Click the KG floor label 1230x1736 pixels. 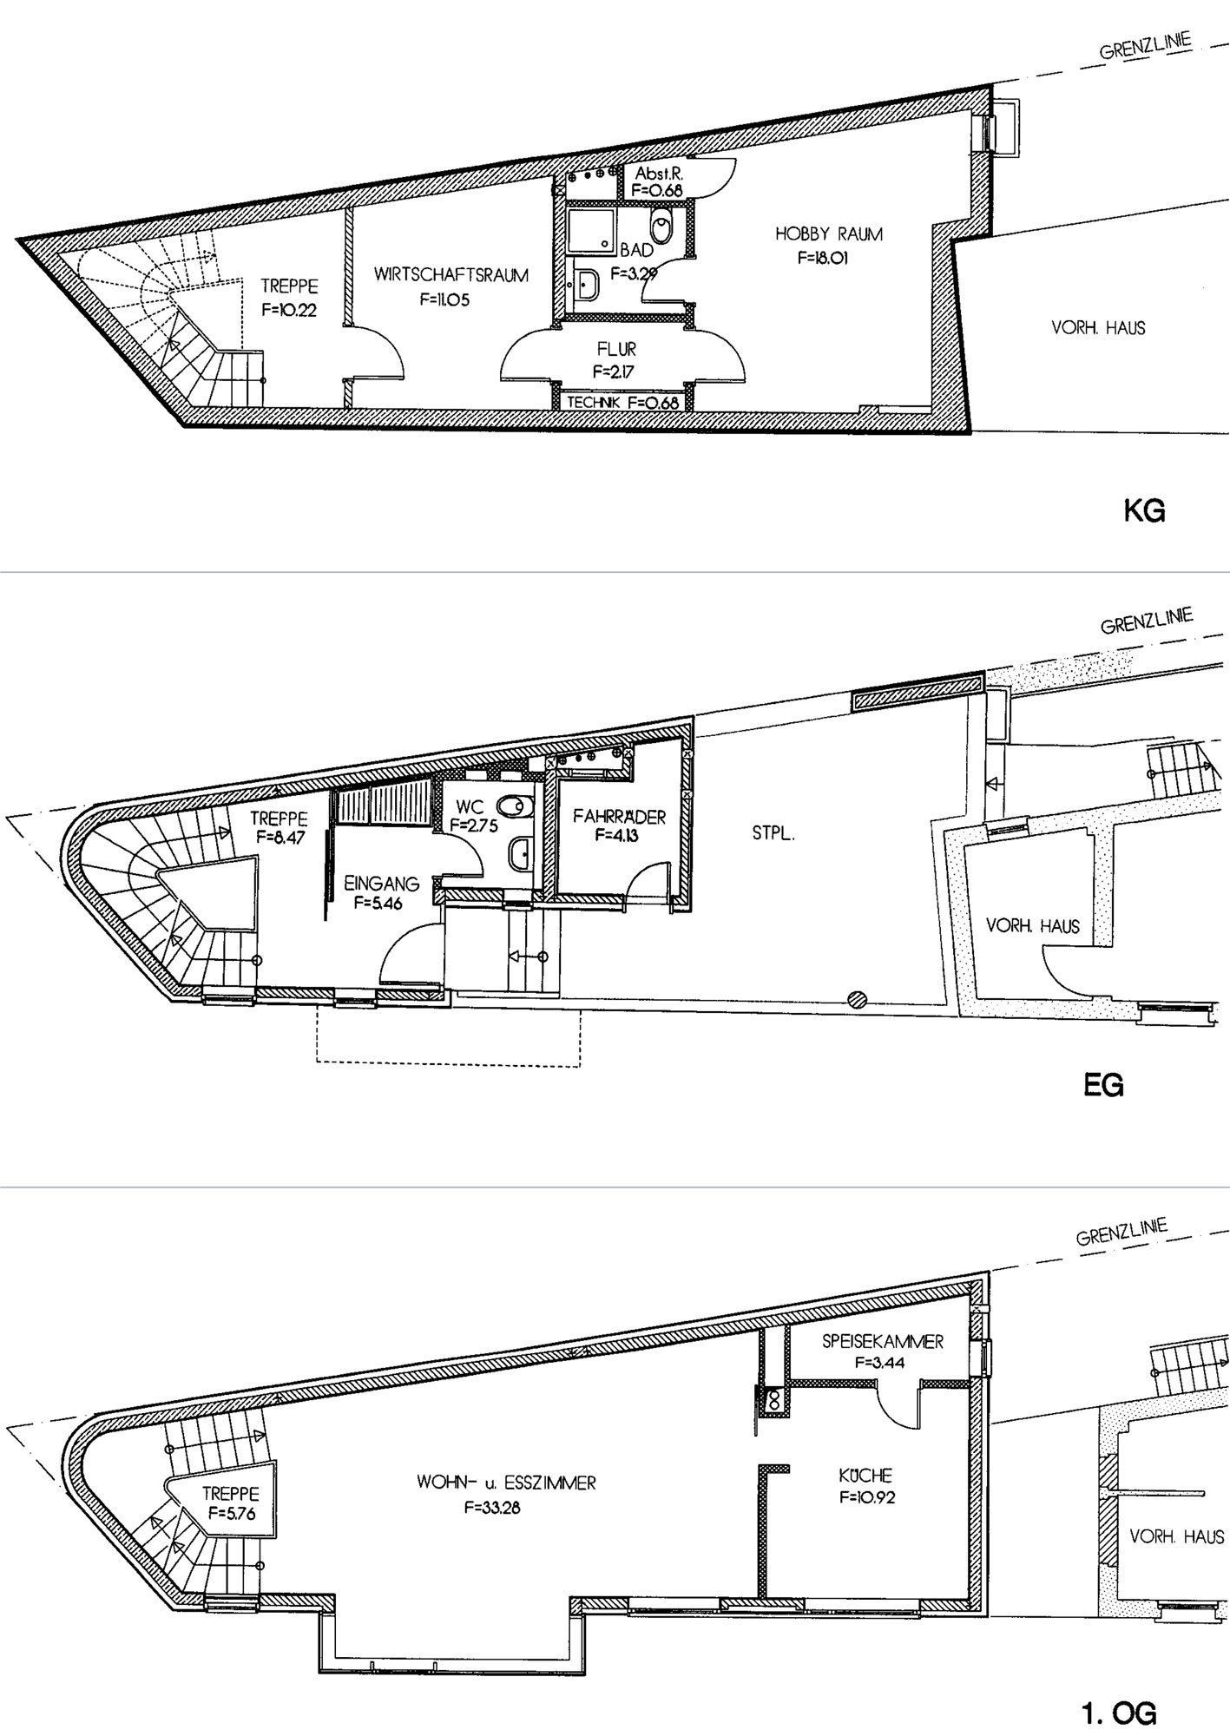1144,511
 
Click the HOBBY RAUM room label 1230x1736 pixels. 829,233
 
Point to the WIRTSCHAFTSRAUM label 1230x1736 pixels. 451,276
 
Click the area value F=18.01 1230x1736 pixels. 829,257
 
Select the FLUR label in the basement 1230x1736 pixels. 615,349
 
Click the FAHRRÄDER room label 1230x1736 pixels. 619,817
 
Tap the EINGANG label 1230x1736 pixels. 382,884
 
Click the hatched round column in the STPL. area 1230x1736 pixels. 858,998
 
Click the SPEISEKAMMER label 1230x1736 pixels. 882,1341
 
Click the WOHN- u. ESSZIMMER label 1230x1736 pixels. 506,1483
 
